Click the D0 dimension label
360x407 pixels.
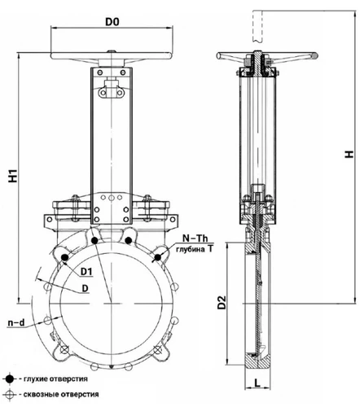(x=112, y=22)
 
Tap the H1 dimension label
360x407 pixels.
(x=13, y=176)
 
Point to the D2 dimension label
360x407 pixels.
(x=222, y=302)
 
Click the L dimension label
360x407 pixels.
(x=257, y=383)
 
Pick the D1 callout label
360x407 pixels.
(x=86, y=271)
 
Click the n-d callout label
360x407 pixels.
(x=16, y=322)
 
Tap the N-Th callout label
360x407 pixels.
(x=195, y=239)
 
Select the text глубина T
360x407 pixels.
(x=195, y=249)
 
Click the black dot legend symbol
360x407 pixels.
(x=10, y=379)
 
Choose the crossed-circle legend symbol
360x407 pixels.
(x=10, y=394)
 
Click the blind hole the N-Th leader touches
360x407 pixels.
(x=158, y=257)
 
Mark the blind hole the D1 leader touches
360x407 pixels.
(x=64, y=257)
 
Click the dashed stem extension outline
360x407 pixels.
(x=257, y=26)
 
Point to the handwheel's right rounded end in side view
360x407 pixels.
(x=314, y=56)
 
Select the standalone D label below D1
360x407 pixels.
(x=86, y=289)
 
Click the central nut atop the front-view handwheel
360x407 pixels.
(x=112, y=51)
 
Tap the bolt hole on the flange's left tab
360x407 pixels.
(x=50, y=219)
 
